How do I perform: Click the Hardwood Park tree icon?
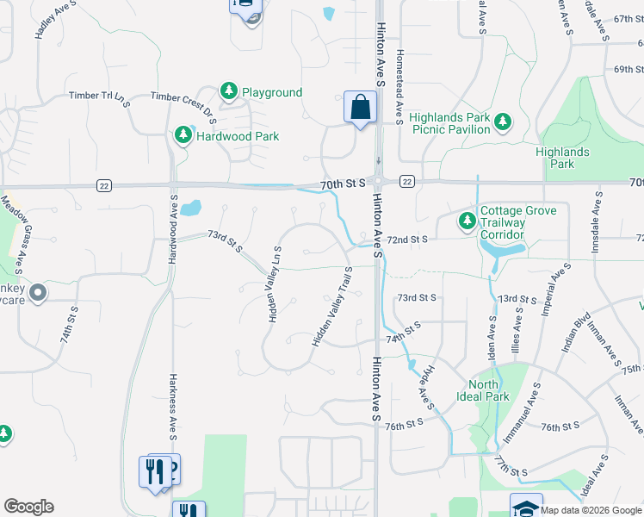[183, 135]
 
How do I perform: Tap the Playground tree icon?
[229, 91]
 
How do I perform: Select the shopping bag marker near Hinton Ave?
[360, 108]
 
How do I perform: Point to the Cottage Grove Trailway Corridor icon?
[467, 222]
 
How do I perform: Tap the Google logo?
[28, 507]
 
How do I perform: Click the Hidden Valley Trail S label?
[333, 308]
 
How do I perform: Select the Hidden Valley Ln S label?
[276, 284]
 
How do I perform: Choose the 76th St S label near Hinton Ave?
[405, 426]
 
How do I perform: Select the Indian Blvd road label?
[574, 333]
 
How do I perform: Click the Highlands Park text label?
[561, 158]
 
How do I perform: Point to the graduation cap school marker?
[526, 507]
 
